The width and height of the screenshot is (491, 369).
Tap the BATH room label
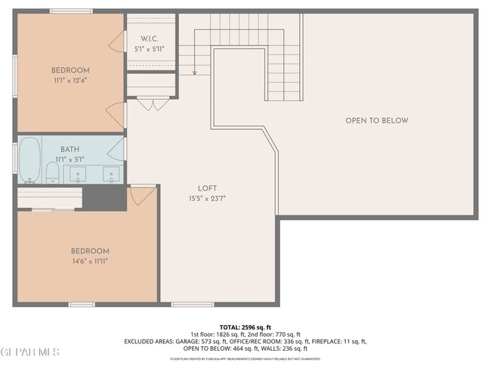click(69, 150)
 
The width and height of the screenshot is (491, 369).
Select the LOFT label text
click(208, 189)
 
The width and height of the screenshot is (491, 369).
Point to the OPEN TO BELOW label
click(376, 121)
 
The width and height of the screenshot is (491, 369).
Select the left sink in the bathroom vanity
click(79, 175)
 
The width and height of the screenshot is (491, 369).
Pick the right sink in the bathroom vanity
click(110, 175)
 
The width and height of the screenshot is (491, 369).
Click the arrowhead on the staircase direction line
click(194, 73)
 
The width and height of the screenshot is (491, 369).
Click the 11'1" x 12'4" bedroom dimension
click(69, 79)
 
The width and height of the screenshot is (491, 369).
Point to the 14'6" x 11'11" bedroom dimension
click(90, 261)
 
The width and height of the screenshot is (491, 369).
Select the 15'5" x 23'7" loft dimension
click(207, 199)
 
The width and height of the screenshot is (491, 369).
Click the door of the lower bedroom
click(141, 195)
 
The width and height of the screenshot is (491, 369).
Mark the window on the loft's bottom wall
click(192, 305)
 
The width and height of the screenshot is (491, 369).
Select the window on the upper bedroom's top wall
click(71, 11)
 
